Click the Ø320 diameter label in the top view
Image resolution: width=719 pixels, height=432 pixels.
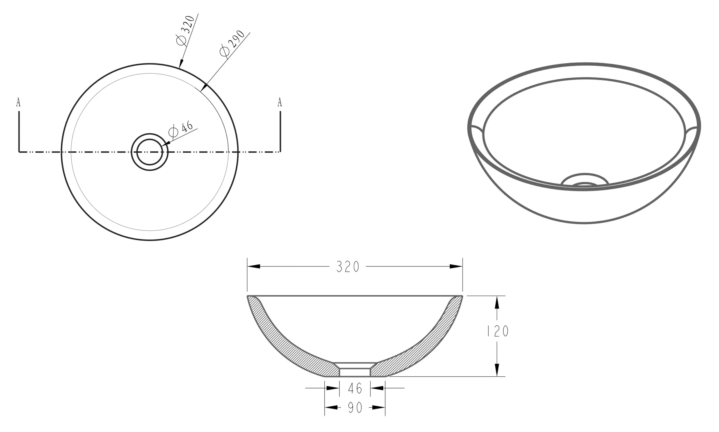coord(185,31)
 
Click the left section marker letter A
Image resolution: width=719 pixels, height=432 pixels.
coord(18,102)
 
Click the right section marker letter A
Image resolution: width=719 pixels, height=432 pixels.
coord(279,102)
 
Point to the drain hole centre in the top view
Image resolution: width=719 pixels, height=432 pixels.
coord(150,152)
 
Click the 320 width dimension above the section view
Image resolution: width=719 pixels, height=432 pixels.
coord(348,267)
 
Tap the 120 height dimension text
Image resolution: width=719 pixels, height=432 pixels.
coord(498,331)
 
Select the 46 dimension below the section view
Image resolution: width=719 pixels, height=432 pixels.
coord(355,388)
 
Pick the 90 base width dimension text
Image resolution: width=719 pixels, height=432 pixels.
coord(355,408)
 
